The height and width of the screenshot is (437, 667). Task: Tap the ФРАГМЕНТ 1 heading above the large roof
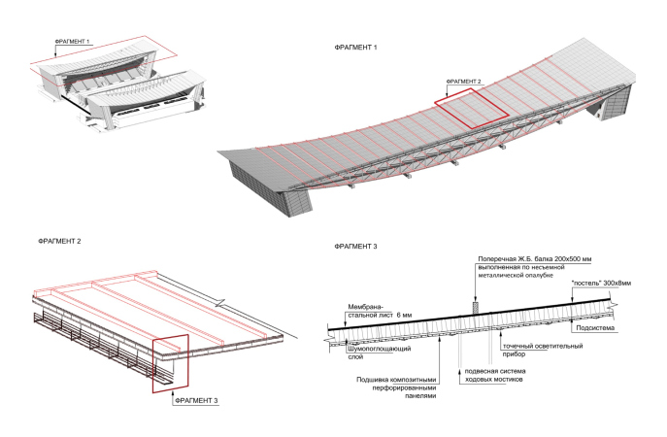[x=353, y=48]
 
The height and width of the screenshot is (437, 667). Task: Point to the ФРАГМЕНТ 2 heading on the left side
[x=57, y=239]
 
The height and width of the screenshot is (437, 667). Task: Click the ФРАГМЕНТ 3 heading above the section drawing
[x=353, y=247]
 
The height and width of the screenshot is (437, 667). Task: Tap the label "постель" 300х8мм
[x=600, y=284]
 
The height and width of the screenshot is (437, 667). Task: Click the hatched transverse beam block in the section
[x=476, y=307]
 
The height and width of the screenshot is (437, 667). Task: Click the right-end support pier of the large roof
[x=616, y=102]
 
